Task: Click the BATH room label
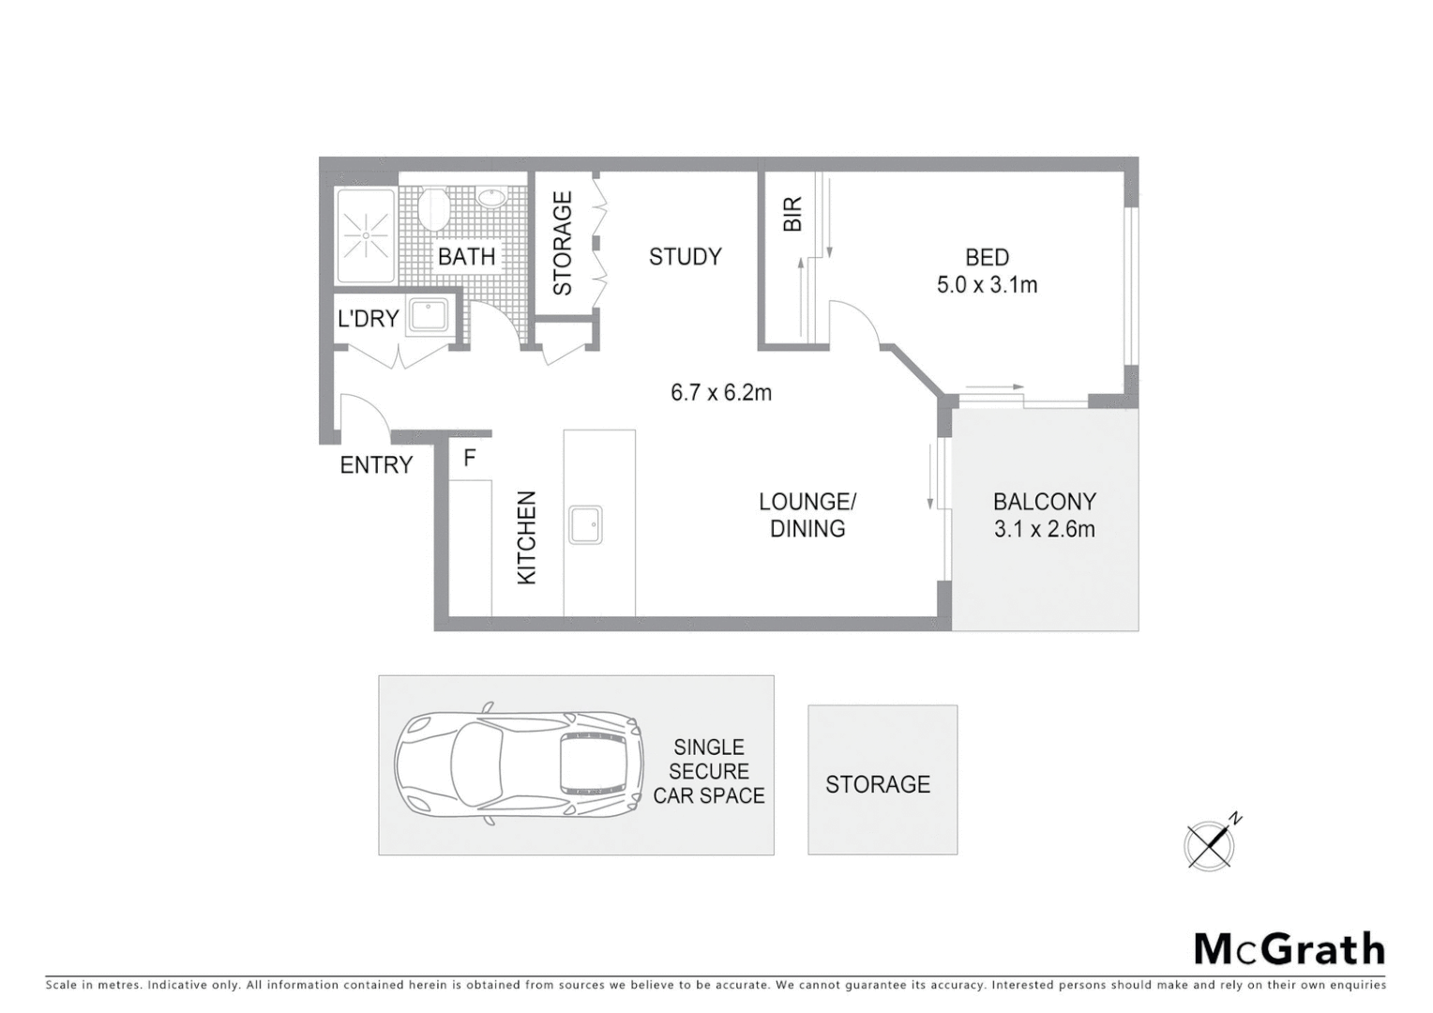(x=466, y=256)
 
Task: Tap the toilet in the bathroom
(x=433, y=209)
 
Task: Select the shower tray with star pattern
(x=365, y=234)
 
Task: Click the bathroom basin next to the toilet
(x=491, y=198)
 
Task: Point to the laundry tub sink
(x=430, y=315)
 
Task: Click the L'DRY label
(x=368, y=319)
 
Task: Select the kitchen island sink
(x=585, y=524)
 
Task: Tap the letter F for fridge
(x=470, y=458)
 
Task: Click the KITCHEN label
(x=527, y=537)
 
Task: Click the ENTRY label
(x=376, y=465)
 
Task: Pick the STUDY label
(x=685, y=257)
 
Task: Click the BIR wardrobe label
(x=792, y=214)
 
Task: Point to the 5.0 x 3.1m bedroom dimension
(x=987, y=285)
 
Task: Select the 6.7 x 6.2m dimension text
(x=720, y=393)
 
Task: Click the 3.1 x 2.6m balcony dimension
(x=1044, y=529)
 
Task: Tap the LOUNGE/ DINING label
(x=807, y=515)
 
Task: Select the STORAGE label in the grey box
(x=878, y=784)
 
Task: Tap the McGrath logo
(x=1289, y=949)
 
